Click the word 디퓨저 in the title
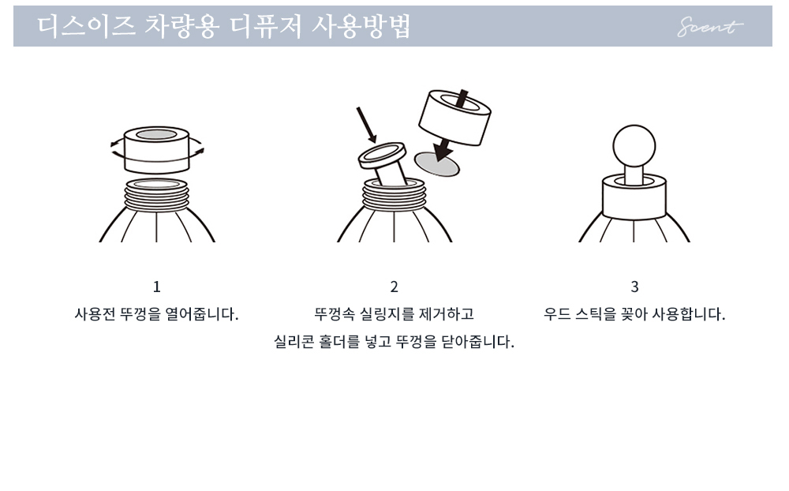point(266,26)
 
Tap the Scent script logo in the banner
point(709,27)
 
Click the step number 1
point(156,287)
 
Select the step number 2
point(394,287)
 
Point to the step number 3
point(634,287)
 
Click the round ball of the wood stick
point(634,146)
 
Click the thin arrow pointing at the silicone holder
point(366,125)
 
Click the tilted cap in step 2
point(455,118)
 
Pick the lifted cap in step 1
point(156,150)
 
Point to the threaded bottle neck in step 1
point(156,195)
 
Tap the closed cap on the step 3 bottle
point(634,197)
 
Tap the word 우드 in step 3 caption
point(557,314)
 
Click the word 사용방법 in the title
point(361,26)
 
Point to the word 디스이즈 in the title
point(87,26)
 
